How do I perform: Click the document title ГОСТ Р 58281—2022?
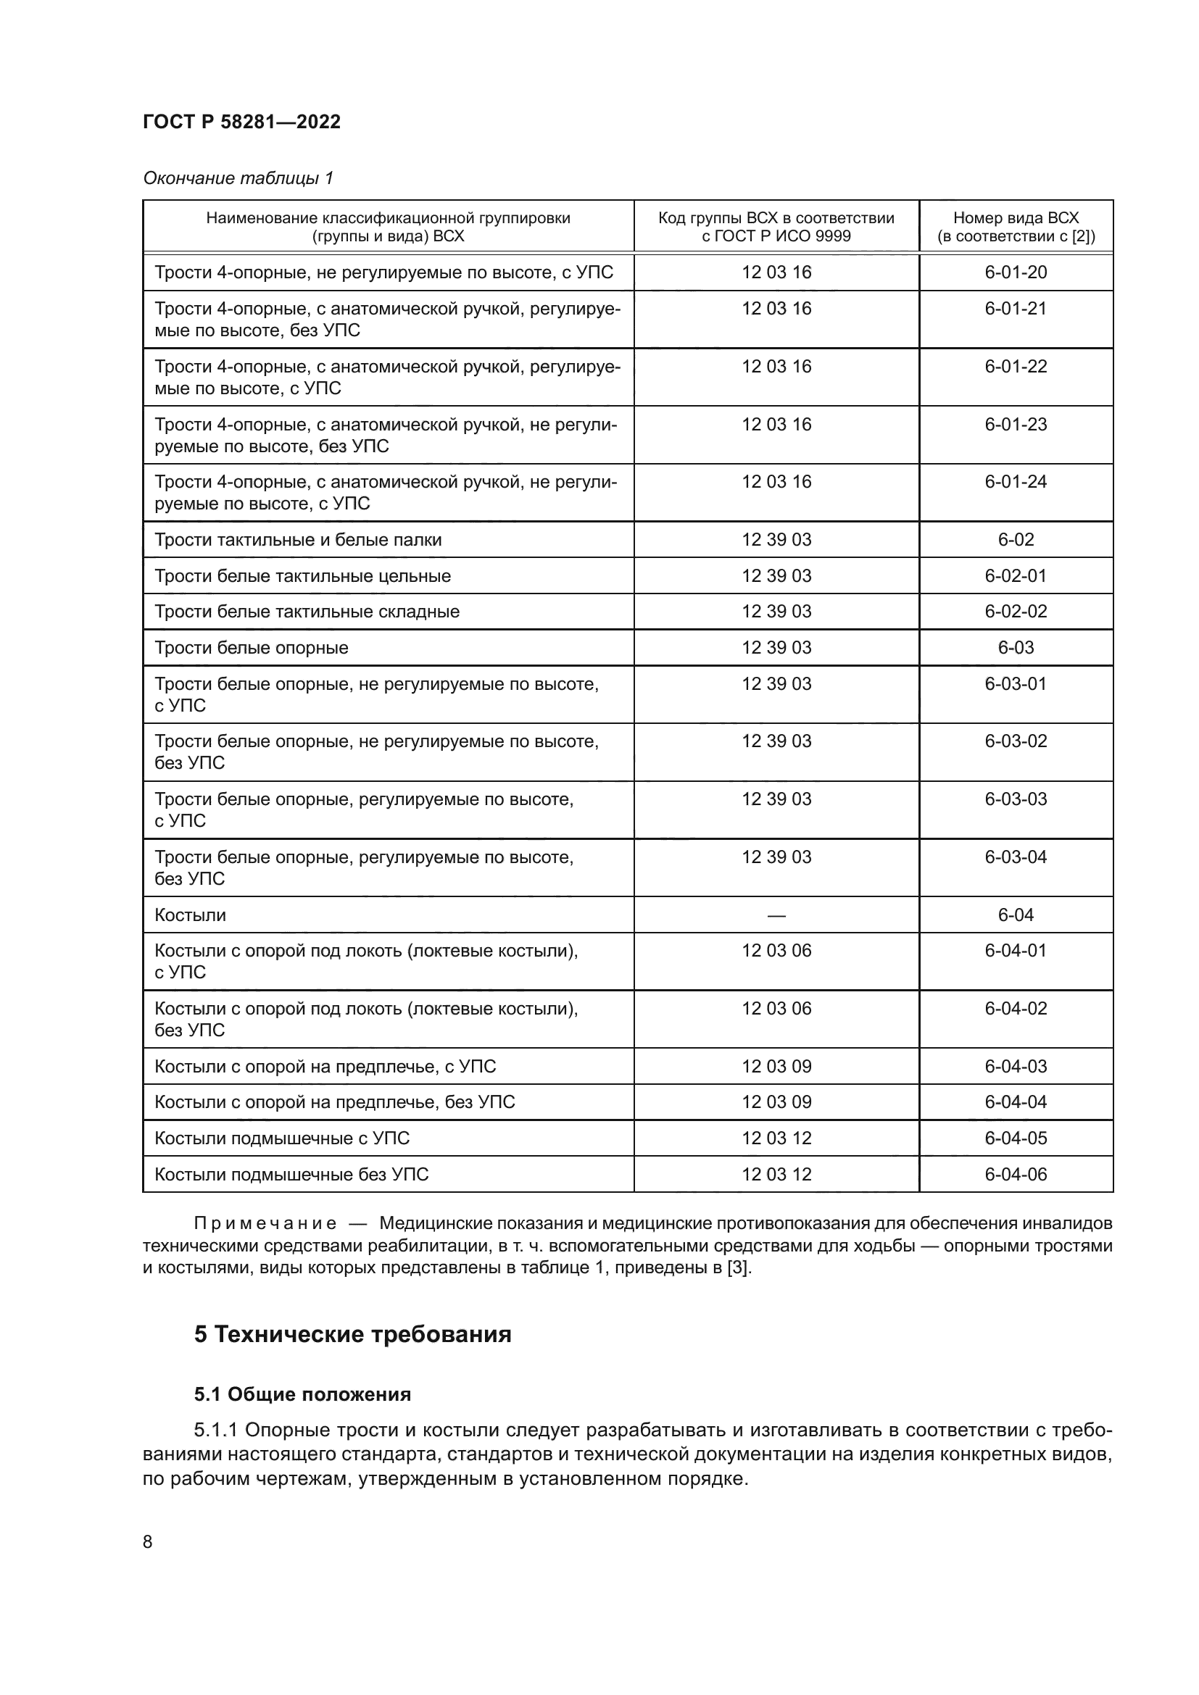pyautogui.click(x=241, y=122)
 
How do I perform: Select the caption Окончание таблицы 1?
pyautogui.click(x=238, y=178)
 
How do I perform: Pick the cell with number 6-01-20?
pyautogui.click(x=1015, y=272)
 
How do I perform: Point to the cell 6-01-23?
pyautogui.click(x=1015, y=425)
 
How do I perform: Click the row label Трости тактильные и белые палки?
pyautogui.click(x=297, y=540)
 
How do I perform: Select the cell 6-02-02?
pyautogui.click(x=1015, y=612)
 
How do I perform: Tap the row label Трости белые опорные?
pyautogui.click(x=251, y=647)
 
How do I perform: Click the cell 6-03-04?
pyautogui.click(x=1015, y=857)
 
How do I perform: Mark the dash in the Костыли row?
pyautogui.click(x=776, y=915)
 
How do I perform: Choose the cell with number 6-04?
pyautogui.click(x=1015, y=915)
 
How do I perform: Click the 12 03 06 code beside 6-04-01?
pyautogui.click(x=776, y=951)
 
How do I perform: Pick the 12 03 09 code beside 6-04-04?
pyautogui.click(x=776, y=1102)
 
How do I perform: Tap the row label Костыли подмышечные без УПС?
pyautogui.click(x=291, y=1175)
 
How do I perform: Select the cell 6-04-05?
pyautogui.click(x=1015, y=1138)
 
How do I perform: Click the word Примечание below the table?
pyautogui.click(x=265, y=1224)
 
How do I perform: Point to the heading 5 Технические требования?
pyautogui.click(x=352, y=1335)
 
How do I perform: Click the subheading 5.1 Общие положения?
pyautogui.click(x=302, y=1394)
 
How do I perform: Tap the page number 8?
pyautogui.click(x=148, y=1542)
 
